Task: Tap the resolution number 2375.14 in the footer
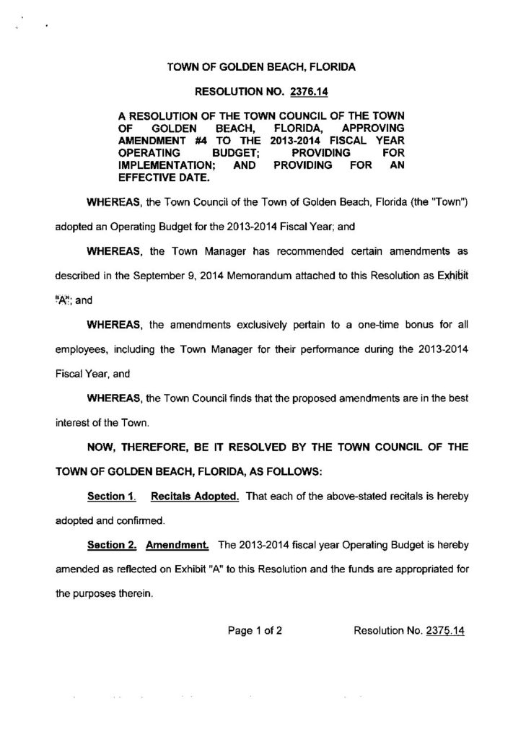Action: click(445, 630)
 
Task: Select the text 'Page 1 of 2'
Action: click(254, 630)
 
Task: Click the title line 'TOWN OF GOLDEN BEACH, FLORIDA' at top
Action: click(261, 66)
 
